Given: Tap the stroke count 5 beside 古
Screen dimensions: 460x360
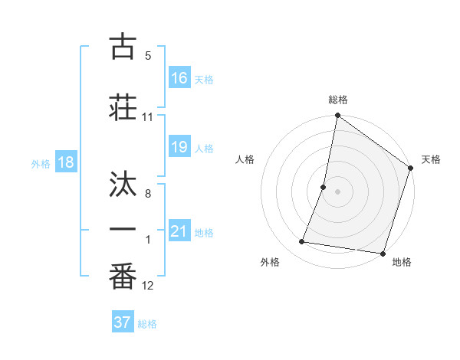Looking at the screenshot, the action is [148, 56].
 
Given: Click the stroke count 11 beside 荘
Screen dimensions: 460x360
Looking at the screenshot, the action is [148, 117].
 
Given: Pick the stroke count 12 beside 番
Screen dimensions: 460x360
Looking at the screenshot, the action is [148, 286].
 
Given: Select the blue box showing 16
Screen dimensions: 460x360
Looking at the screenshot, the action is [179, 78].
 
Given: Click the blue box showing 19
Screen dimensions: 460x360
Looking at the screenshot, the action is [179, 147].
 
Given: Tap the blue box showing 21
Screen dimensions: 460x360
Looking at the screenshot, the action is [179, 231].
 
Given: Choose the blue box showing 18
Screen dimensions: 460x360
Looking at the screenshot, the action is [65, 162].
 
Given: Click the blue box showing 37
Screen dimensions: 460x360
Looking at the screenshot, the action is [123, 322].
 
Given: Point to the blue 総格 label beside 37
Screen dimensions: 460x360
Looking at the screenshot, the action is [147, 324].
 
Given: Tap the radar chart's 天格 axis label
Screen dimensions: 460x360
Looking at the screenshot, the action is [431, 159].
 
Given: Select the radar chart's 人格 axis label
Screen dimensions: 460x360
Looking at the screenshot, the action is [245, 159].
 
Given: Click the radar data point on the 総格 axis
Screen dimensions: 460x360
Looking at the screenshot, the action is [337, 116].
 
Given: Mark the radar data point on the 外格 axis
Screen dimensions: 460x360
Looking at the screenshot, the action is [302, 242].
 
